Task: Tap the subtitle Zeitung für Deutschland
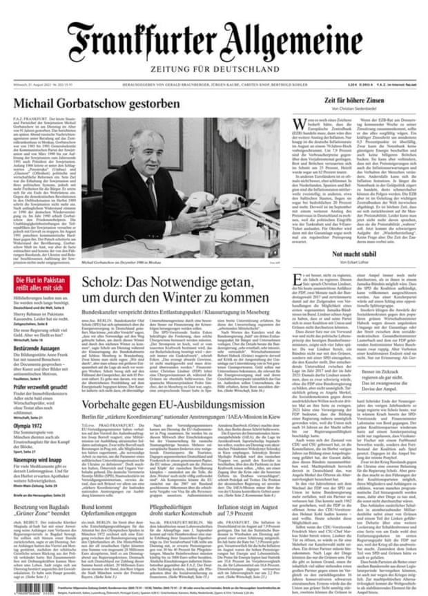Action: coord(215,68)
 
